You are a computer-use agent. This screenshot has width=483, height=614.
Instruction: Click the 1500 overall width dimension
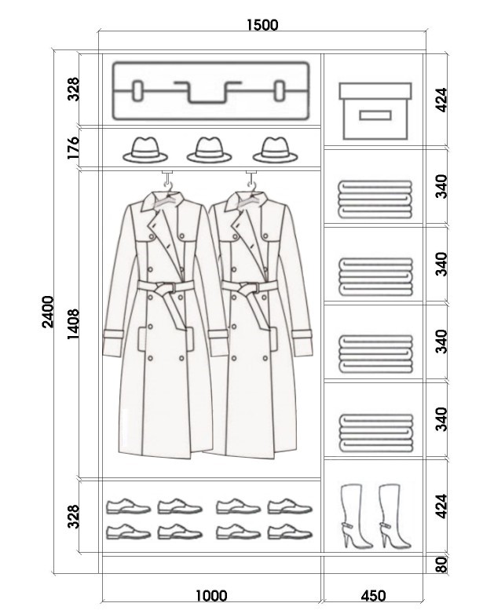(x=262, y=24)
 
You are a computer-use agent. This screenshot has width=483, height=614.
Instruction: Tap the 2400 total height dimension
(x=48, y=312)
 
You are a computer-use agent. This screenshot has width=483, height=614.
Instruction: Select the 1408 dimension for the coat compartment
(x=73, y=324)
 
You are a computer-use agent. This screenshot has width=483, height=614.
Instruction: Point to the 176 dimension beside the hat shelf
(x=73, y=148)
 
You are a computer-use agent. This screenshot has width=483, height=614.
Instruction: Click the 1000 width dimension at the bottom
(x=211, y=596)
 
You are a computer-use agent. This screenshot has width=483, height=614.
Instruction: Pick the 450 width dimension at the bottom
(x=373, y=596)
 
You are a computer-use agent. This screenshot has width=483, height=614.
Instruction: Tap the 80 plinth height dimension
(x=441, y=565)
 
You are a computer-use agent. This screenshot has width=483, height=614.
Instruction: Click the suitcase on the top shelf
(x=210, y=90)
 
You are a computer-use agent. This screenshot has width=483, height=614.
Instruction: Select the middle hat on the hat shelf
(x=209, y=150)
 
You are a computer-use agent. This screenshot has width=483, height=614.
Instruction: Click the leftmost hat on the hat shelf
(x=145, y=150)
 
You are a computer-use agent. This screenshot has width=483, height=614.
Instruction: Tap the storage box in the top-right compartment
(x=375, y=111)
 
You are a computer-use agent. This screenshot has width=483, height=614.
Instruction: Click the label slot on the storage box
(x=375, y=115)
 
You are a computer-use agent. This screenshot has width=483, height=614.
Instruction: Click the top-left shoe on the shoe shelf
(x=128, y=506)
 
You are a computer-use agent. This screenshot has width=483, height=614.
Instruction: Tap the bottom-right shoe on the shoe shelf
(x=290, y=532)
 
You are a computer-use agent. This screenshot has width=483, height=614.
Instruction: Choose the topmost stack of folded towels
(x=375, y=199)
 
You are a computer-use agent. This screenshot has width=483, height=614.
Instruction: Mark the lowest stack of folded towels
(x=375, y=433)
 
